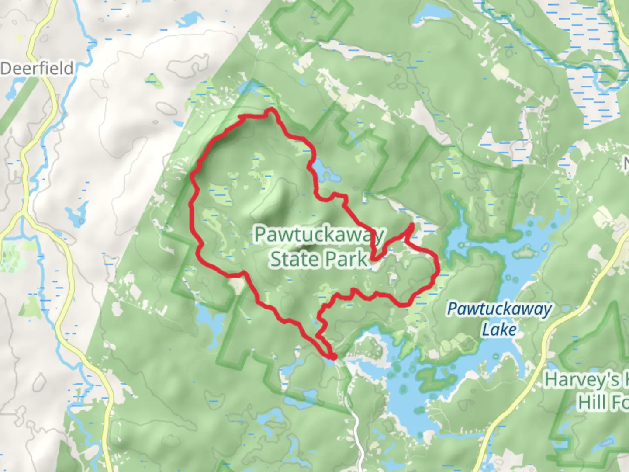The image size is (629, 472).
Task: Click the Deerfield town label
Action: (37, 69)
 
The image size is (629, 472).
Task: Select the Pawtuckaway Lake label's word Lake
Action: (499, 329)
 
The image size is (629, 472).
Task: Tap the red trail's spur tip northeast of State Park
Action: (412, 225)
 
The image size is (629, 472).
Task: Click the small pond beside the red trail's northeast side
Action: (326, 172)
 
